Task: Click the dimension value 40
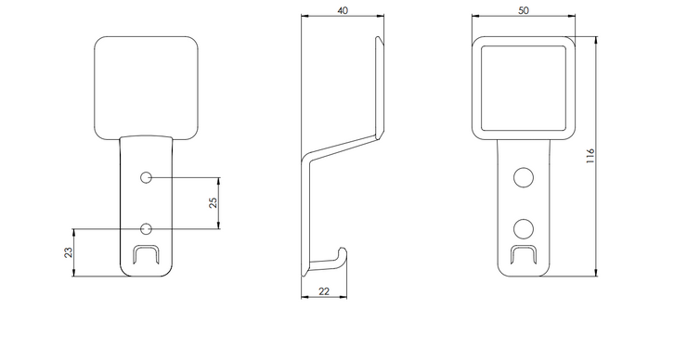point(343,10)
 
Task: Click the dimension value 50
point(523,10)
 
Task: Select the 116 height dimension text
point(590,156)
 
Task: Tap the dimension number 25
point(213,203)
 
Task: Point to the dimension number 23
point(68,252)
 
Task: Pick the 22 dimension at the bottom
point(324,291)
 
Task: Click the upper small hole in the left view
point(146,177)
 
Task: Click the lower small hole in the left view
point(146,228)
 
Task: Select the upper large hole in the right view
point(524,177)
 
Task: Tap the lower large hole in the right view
point(524,229)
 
